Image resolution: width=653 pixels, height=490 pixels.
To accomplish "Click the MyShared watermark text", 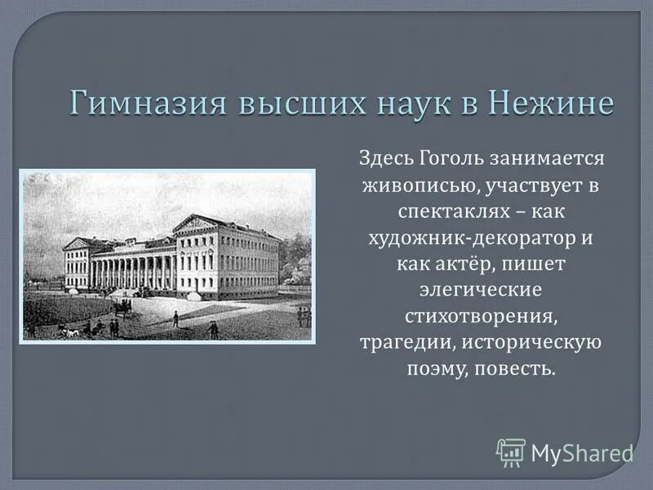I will tap(582, 452).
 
